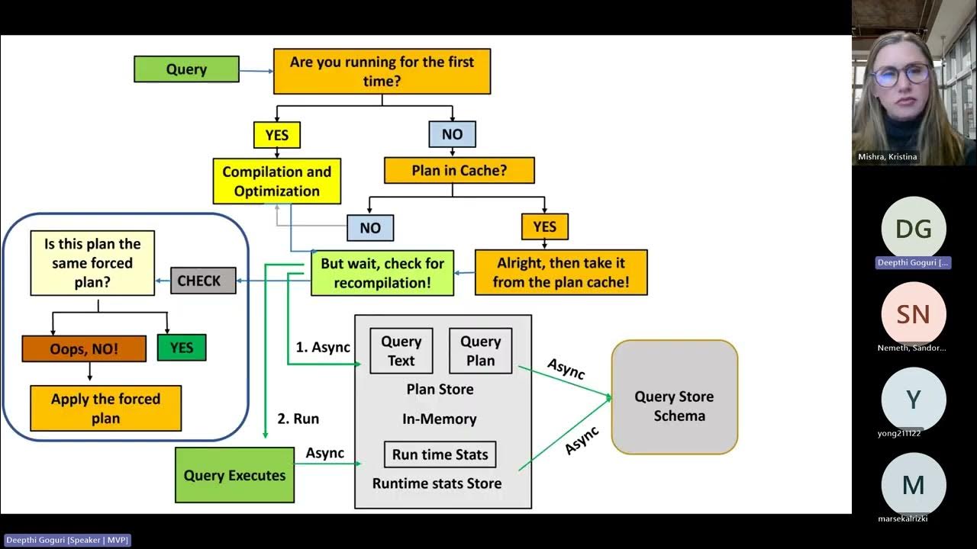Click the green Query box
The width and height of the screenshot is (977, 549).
186,69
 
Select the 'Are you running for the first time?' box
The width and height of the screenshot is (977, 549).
382,72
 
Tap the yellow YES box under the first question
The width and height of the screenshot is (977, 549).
276,135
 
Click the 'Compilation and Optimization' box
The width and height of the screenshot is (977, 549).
276,181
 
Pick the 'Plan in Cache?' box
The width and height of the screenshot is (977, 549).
459,171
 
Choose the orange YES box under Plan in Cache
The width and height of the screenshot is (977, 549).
544,226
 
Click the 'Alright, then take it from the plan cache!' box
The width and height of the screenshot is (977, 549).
561,273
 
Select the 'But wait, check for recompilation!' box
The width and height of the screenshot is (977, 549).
382,273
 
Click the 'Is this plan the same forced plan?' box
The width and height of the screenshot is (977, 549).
92,263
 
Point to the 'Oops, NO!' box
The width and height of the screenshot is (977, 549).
84,348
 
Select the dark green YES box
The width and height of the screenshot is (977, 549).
181,348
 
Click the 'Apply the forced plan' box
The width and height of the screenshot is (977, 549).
105,408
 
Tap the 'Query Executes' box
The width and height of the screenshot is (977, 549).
234,475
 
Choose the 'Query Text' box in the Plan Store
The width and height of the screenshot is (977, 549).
401,351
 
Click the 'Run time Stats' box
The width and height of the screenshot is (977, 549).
440,454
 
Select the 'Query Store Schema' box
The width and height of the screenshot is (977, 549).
674,397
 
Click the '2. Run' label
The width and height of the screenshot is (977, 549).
298,419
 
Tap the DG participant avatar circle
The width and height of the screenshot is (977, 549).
913,228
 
